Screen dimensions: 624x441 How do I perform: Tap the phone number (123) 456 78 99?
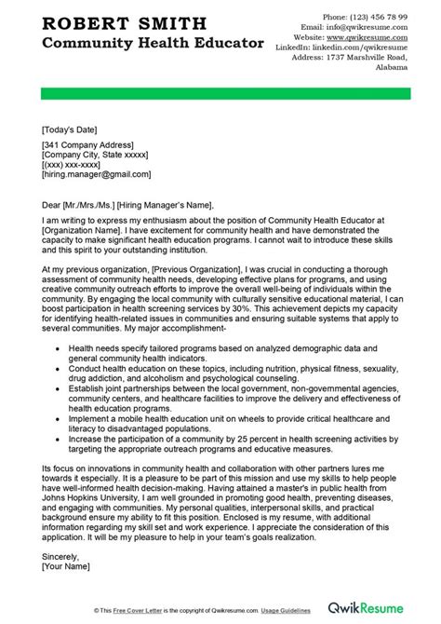click(386, 17)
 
